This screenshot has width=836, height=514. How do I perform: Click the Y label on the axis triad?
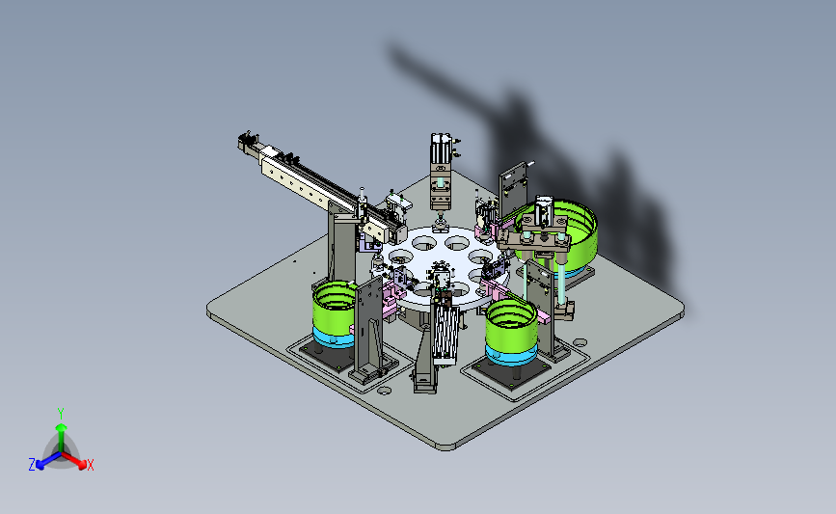(x=61, y=414)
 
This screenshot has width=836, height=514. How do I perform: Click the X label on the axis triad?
(x=90, y=465)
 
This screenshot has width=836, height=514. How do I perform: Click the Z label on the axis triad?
(x=32, y=465)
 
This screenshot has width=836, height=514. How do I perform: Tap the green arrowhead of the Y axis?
(x=62, y=427)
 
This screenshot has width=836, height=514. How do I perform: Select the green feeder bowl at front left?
(x=334, y=307)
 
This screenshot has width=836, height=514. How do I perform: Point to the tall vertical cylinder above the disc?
(x=441, y=171)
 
